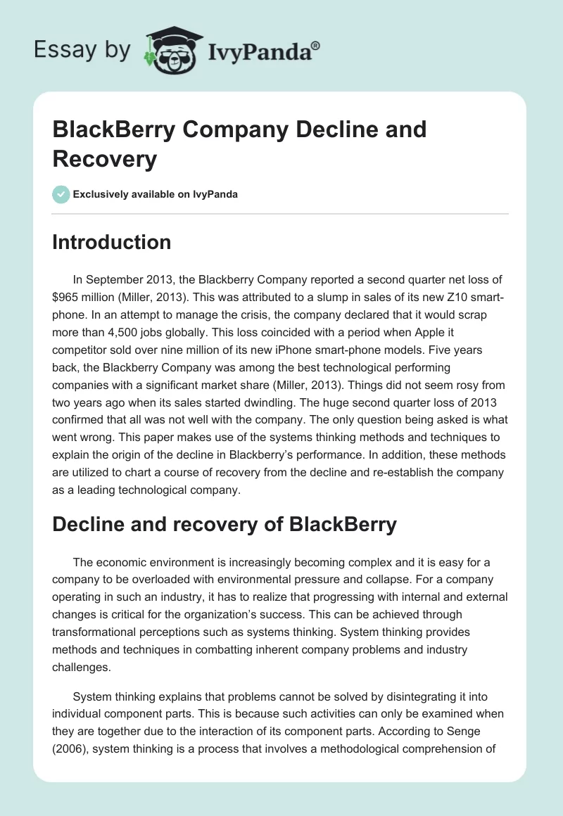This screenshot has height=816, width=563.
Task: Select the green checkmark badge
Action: coord(61,194)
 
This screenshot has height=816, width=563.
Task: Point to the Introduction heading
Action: coord(112,242)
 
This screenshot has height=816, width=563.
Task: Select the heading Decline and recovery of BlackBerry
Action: coord(224,524)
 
